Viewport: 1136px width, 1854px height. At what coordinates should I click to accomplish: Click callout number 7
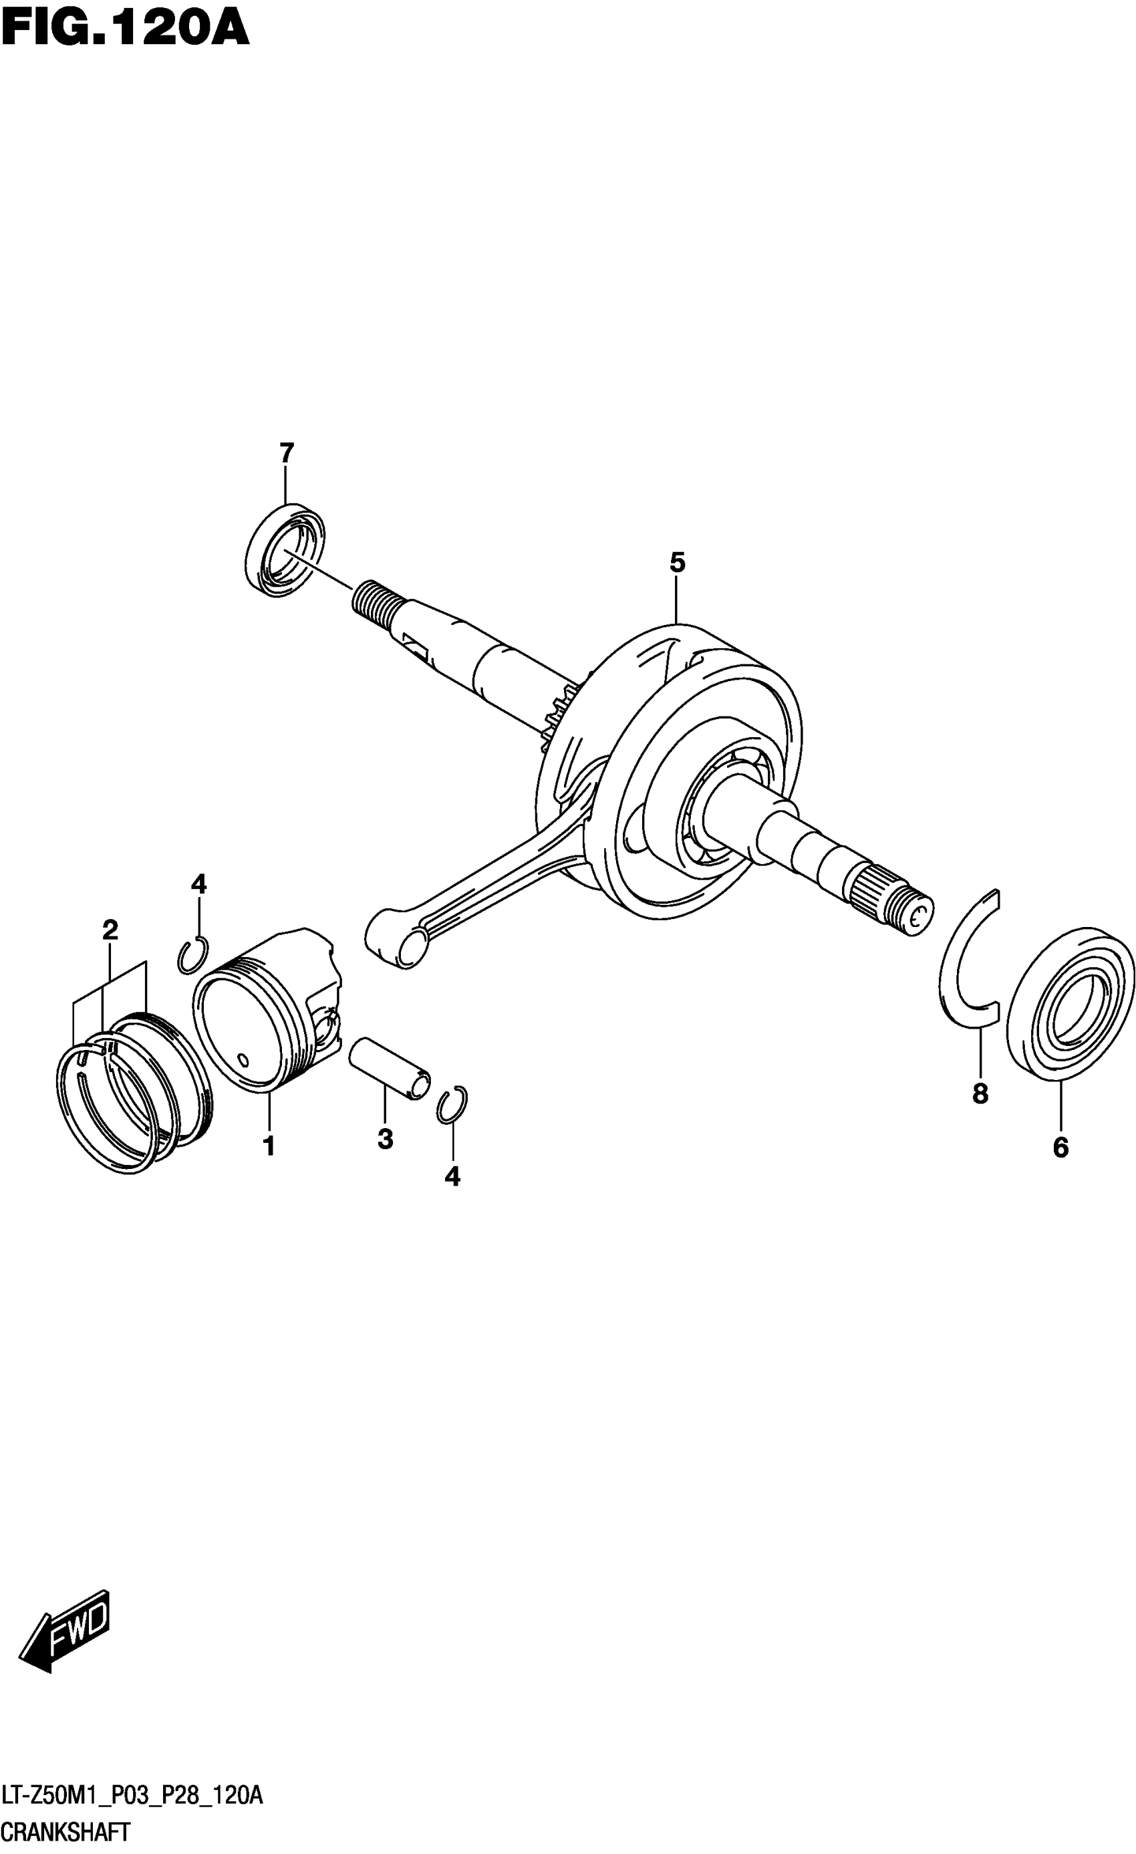point(286,453)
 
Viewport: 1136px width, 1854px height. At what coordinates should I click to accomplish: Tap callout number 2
point(110,930)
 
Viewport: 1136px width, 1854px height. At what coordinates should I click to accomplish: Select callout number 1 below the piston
point(269,1147)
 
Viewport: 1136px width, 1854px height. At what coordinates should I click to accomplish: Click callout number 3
point(384,1138)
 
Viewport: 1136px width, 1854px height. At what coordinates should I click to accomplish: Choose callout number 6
point(1060,1147)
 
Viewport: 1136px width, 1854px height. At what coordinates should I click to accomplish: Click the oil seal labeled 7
point(285,550)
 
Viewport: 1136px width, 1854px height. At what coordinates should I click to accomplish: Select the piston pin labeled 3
point(389,1068)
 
